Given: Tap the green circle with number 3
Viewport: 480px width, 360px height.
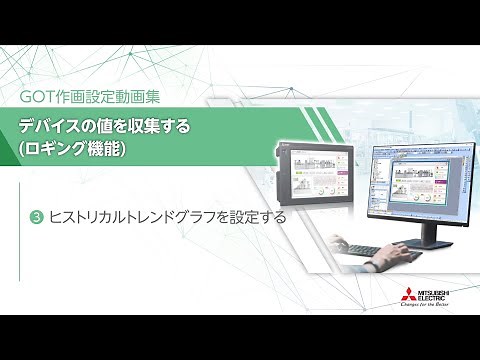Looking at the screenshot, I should pos(37,216).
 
